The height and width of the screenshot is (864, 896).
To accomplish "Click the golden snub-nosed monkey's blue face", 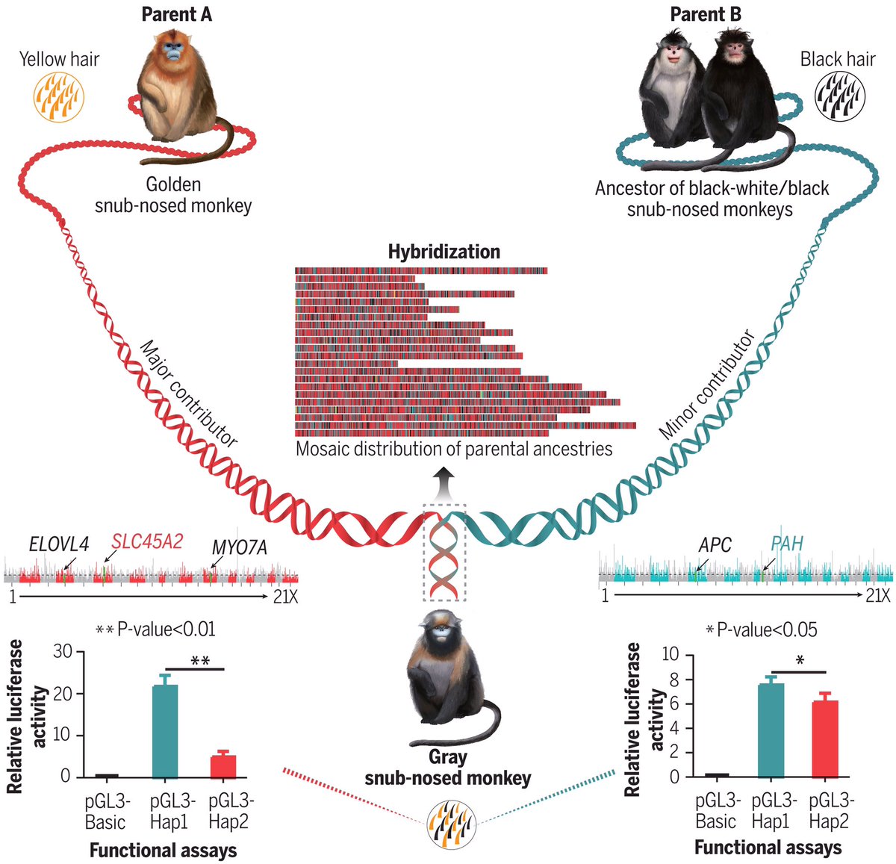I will [173, 52].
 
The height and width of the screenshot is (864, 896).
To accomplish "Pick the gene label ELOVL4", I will [59, 544].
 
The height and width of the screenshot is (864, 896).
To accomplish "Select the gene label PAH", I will [786, 543].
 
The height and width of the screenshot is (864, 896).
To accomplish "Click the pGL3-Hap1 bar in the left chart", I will [165, 730].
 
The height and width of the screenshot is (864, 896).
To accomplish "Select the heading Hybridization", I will [444, 252].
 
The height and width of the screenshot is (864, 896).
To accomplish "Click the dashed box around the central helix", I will [445, 553].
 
